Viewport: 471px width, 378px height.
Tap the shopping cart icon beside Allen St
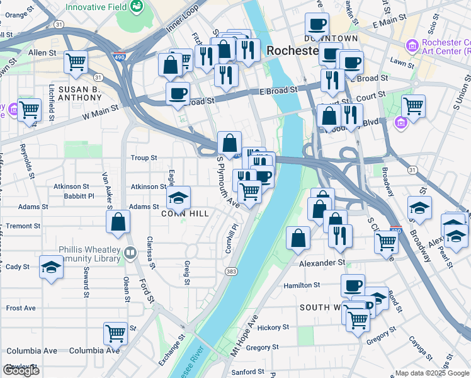tap(76, 62)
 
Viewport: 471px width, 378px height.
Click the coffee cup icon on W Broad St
tap(178, 93)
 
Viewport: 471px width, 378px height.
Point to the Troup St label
tap(143, 157)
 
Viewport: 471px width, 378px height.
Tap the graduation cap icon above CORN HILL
tap(179, 198)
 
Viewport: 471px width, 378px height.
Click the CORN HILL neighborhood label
tap(186, 214)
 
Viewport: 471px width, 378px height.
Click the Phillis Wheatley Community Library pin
tap(130, 253)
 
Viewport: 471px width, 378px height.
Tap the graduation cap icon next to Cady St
tap(51, 266)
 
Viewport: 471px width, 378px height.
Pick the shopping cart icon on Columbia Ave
tap(115, 333)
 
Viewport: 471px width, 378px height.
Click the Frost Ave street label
tap(21, 308)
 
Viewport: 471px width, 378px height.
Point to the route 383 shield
tap(231, 271)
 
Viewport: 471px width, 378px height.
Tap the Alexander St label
tap(322, 263)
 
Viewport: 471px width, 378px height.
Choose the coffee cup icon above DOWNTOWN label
tap(317, 25)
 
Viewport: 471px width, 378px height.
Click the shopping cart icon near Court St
tap(413, 106)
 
